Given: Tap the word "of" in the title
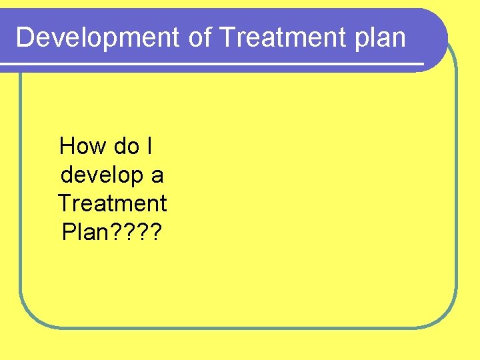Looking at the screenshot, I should coord(199,38).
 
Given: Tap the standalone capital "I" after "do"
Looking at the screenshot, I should coord(149,145).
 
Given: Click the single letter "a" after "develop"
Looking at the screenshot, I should coord(157,177).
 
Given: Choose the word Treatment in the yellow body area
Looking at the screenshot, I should coord(112,203).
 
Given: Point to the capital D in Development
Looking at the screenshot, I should coord(24,38).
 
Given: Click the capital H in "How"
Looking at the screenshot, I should coord(67,145).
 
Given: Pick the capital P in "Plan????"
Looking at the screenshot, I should coord(67,231).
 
